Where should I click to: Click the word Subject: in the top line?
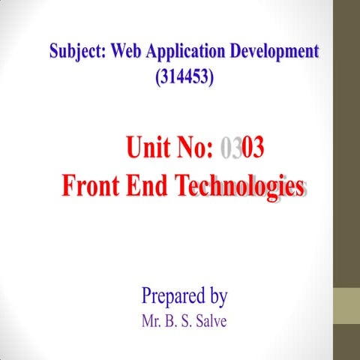(x=77, y=52)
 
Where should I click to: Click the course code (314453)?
(x=184, y=76)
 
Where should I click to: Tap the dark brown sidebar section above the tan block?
(x=346, y=142)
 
